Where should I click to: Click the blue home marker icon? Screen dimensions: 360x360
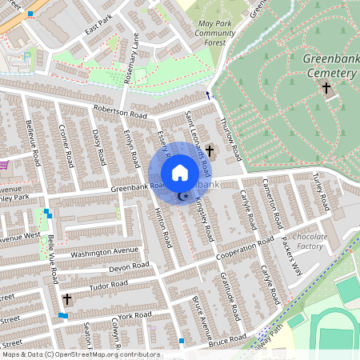pos(180,173)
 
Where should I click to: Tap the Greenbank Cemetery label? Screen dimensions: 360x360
pos(329,66)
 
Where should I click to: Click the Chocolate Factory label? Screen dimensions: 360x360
pos(310,242)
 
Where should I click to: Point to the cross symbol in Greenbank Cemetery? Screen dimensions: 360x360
pos(326,86)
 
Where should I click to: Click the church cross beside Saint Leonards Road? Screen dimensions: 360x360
pos(210,150)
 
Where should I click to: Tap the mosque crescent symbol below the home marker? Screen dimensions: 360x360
pos(182,196)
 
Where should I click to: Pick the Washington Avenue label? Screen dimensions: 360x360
pos(100,253)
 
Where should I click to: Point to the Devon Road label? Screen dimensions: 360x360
pos(130,266)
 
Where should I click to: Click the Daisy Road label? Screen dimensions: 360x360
pos(99,144)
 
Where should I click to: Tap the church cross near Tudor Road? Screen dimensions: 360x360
pos(66,299)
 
